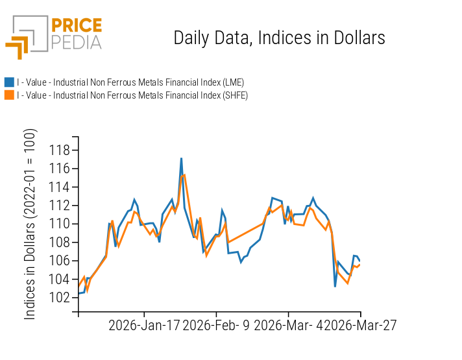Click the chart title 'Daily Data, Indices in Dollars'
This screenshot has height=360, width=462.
pos(279,38)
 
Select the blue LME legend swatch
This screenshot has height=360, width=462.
pos(9,82)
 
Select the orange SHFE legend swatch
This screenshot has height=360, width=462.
pos(9,95)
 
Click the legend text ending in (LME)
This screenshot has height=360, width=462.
pos(130,82)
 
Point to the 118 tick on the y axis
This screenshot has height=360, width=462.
pos(59,150)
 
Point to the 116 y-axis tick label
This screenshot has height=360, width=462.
pos(59,169)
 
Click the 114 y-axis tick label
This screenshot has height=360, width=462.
pos(59,187)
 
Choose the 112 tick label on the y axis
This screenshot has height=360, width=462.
pos(59,206)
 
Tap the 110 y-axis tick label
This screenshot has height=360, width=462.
pos(59,224)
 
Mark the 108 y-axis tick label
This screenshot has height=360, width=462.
pos(59,243)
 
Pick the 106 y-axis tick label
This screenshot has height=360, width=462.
pos(59,261)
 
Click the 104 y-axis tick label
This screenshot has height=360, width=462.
pos(59,279)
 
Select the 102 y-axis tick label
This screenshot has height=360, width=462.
pos(59,298)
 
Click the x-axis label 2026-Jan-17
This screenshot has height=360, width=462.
pos(144,325)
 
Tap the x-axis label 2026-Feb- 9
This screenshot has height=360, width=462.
pos(216,325)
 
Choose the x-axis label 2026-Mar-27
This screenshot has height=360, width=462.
pos(360,325)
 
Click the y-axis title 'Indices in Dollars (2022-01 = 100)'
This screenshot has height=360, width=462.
pos(30,224)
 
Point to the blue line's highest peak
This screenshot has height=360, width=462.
pos(181,158)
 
